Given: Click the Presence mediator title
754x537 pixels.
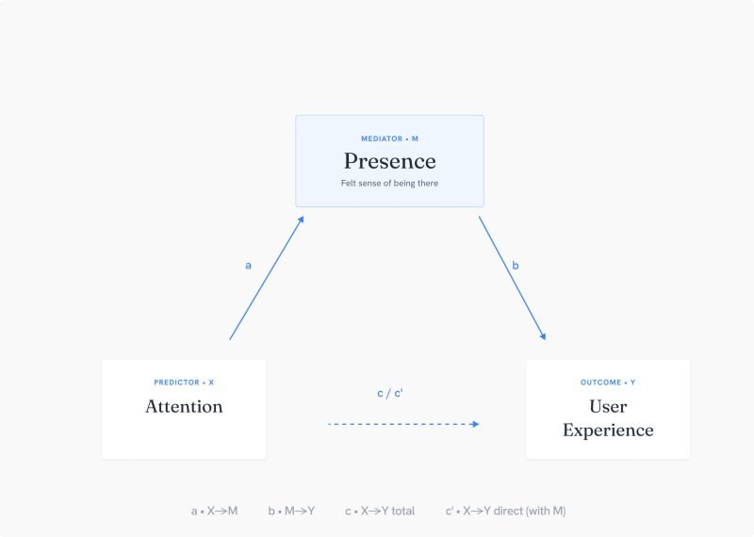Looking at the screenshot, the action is (x=389, y=161).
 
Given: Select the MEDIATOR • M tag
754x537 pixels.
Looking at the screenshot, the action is (x=389, y=138).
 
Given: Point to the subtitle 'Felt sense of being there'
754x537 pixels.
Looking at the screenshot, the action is (x=389, y=183).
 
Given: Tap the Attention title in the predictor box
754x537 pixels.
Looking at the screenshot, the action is (x=184, y=407).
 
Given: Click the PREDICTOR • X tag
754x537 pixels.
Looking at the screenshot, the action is (x=184, y=382).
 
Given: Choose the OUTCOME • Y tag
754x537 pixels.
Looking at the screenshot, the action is (x=608, y=382).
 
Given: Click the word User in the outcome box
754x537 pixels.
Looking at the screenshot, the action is (x=608, y=407).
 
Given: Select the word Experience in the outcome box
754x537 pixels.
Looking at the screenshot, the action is (x=608, y=431).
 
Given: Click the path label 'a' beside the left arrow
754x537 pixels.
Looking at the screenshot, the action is (x=248, y=266).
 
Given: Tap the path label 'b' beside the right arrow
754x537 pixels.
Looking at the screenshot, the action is (x=516, y=265).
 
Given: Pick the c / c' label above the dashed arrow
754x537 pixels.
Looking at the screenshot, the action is (x=390, y=393).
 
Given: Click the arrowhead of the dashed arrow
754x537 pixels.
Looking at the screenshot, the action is (x=476, y=424).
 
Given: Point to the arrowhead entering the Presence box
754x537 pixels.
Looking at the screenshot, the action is (x=301, y=220).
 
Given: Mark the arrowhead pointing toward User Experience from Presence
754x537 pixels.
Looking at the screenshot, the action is (x=543, y=336).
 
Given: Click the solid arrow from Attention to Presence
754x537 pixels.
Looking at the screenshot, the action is (x=267, y=278).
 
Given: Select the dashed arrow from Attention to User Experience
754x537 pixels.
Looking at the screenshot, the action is (x=403, y=424).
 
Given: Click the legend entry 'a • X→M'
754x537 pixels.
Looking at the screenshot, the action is (x=215, y=511).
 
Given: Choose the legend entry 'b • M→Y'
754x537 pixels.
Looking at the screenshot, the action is (x=291, y=511).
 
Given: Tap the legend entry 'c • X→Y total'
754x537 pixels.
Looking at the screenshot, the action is (x=380, y=511).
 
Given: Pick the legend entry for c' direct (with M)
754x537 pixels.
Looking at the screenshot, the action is (x=505, y=511).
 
